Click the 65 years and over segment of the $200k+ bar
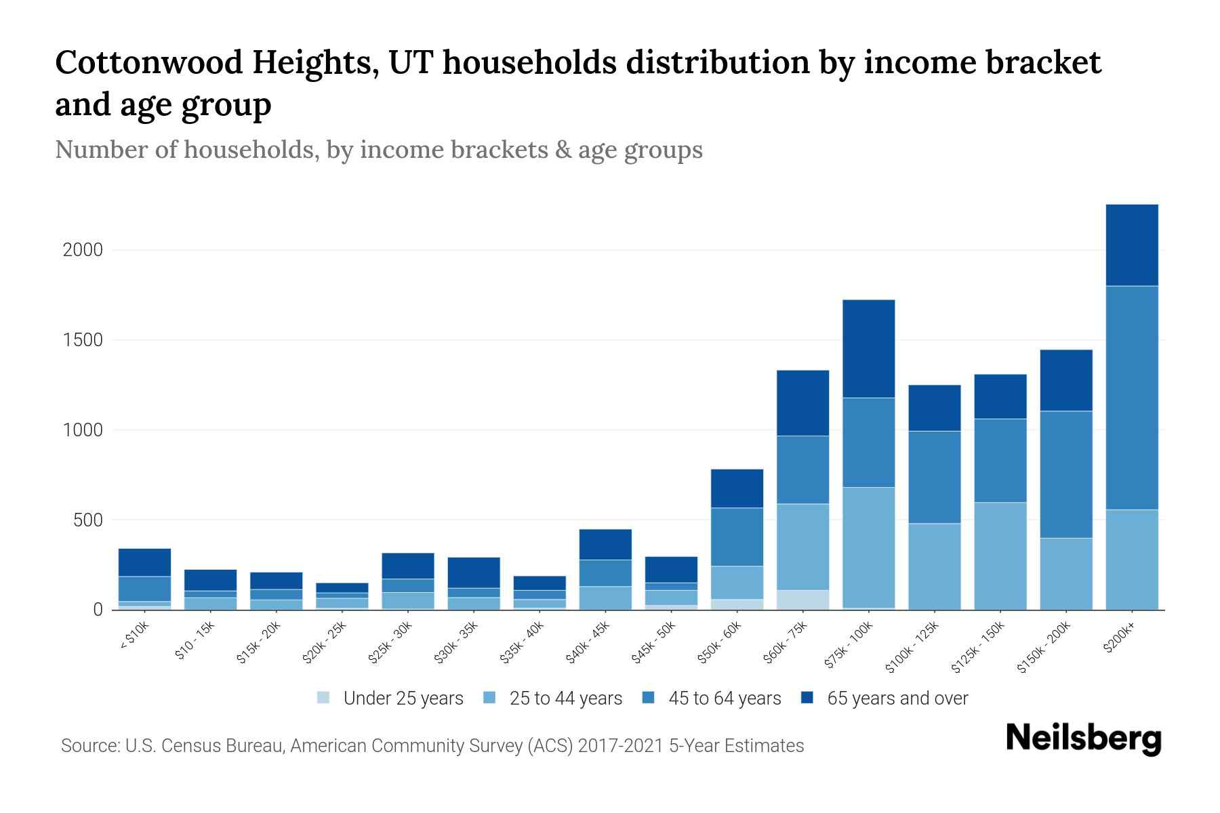pos(1131,245)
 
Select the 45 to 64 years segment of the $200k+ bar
pos(1131,398)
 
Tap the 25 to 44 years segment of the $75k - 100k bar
pos(868,547)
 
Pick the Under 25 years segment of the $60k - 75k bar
pos(802,600)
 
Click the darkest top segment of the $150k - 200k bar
pos(1065,380)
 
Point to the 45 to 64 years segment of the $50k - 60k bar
pos(737,537)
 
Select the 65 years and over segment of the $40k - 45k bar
pos(605,544)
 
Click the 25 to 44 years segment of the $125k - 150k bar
pos(1000,556)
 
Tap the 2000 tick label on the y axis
pos(83,250)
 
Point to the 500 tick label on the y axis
pos(88,520)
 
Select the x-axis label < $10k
pos(134,636)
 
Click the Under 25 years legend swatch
pos(324,698)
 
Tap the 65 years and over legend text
pos(897,698)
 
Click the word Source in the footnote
pos(89,746)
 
